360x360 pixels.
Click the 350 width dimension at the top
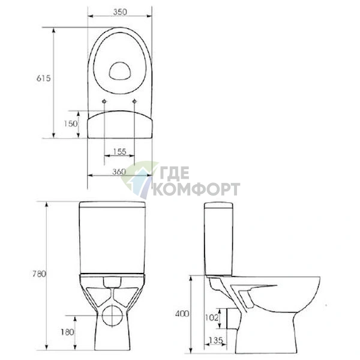(x=120, y=12)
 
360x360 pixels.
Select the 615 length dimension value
(x=43, y=78)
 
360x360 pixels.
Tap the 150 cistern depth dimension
(x=70, y=124)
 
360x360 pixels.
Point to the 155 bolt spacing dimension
(x=119, y=152)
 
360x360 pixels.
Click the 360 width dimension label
(x=119, y=172)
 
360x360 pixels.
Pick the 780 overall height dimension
(x=39, y=274)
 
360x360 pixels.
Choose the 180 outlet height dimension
(x=67, y=332)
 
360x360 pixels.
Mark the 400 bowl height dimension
(x=182, y=314)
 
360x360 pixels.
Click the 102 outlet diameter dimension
(x=211, y=318)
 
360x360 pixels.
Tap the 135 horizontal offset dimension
(x=216, y=340)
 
